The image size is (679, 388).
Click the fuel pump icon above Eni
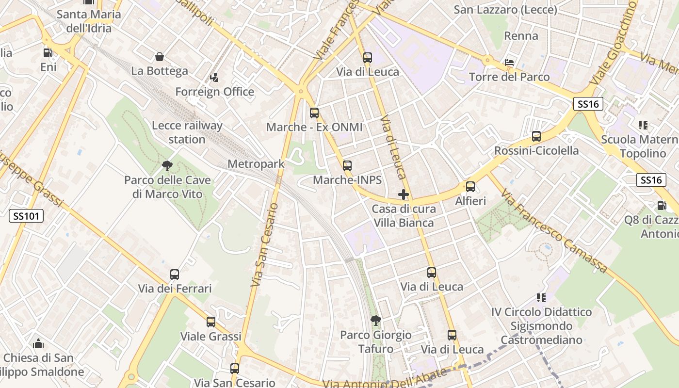(48, 53)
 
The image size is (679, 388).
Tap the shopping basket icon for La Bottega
(159, 57)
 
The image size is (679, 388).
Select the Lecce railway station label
(187, 132)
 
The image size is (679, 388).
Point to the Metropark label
(256, 164)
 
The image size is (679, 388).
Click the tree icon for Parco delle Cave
(167, 166)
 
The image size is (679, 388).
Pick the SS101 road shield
(26, 216)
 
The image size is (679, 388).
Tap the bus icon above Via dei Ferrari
(175, 275)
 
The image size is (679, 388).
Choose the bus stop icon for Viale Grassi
(210, 322)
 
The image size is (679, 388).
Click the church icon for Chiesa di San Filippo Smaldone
(38, 344)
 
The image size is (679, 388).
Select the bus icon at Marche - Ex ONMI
(314, 113)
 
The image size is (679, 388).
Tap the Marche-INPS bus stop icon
(347, 166)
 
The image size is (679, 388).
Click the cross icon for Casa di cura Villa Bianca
(403, 194)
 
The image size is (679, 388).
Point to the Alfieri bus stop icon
(470, 187)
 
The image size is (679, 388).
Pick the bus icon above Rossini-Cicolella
(536, 136)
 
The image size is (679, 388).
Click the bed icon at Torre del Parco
(509, 63)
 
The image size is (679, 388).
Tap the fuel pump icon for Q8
(662, 206)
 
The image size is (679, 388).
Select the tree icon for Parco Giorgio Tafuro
(375, 320)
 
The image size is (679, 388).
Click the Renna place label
(521, 36)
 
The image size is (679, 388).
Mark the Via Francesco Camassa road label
(554, 231)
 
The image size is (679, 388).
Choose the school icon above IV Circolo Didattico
(541, 297)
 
